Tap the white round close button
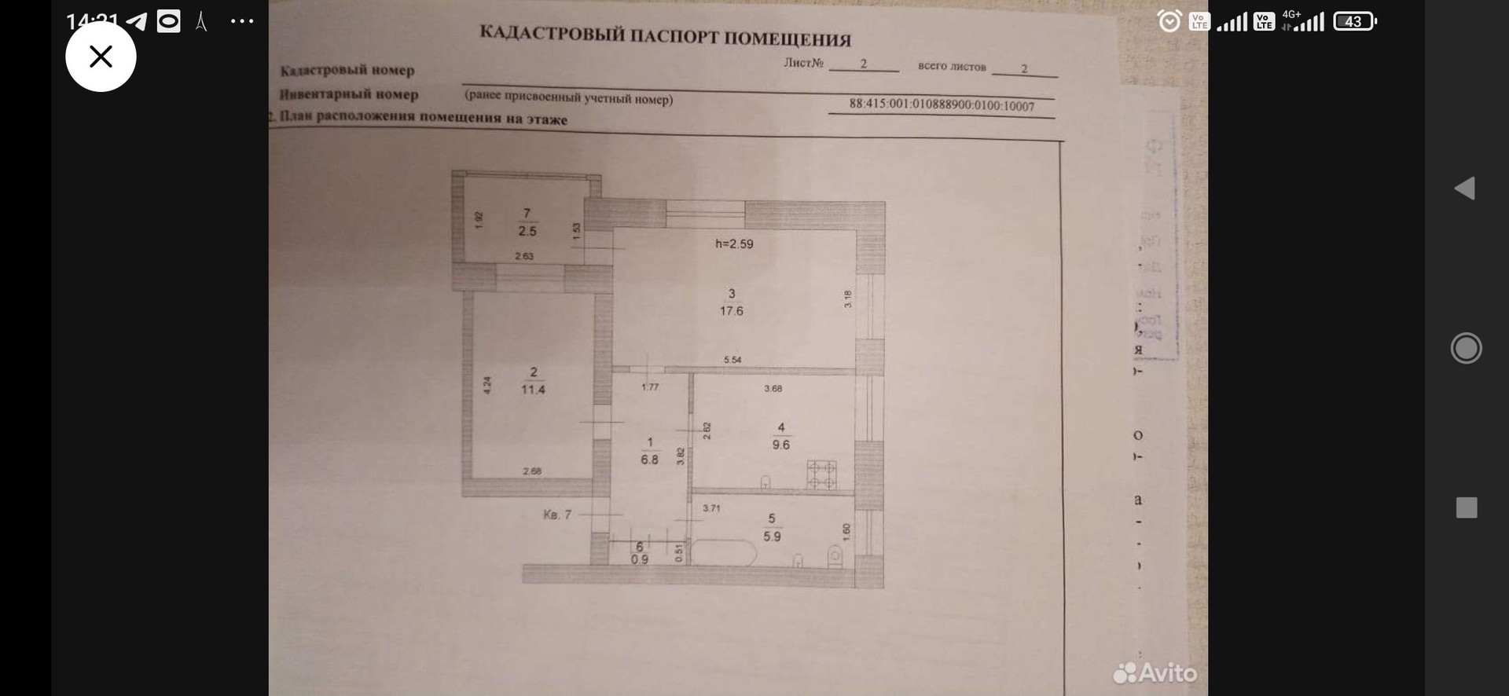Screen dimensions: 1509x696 tap(101, 57)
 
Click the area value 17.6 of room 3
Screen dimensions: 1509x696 tap(731, 311)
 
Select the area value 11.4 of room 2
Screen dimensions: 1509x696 tap(533, 390)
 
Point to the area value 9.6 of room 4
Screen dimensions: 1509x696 tap(780, 445)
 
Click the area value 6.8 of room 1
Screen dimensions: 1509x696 tap(649, 460)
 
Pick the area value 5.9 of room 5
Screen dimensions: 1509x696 tap(772, 537)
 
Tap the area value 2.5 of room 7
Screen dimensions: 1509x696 tap(527, 231)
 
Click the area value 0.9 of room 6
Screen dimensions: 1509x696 tap(639, 559)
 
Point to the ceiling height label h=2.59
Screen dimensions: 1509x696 tap(734, 244)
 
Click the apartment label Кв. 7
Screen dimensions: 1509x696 tap(556, 515)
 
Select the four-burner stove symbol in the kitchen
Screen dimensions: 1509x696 tap(821, 474)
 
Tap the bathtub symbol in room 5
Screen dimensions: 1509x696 tap(723, 552)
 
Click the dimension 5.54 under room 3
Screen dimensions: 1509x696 tap(732, 360)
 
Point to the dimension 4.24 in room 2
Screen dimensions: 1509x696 tap(487, 385)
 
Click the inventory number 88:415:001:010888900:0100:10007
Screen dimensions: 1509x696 tap(942, 105)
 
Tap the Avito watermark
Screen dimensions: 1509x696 tap(1155, 672)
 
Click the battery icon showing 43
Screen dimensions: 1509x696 tap(1354, 21)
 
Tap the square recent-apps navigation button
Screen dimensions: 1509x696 tap(1467, 507)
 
